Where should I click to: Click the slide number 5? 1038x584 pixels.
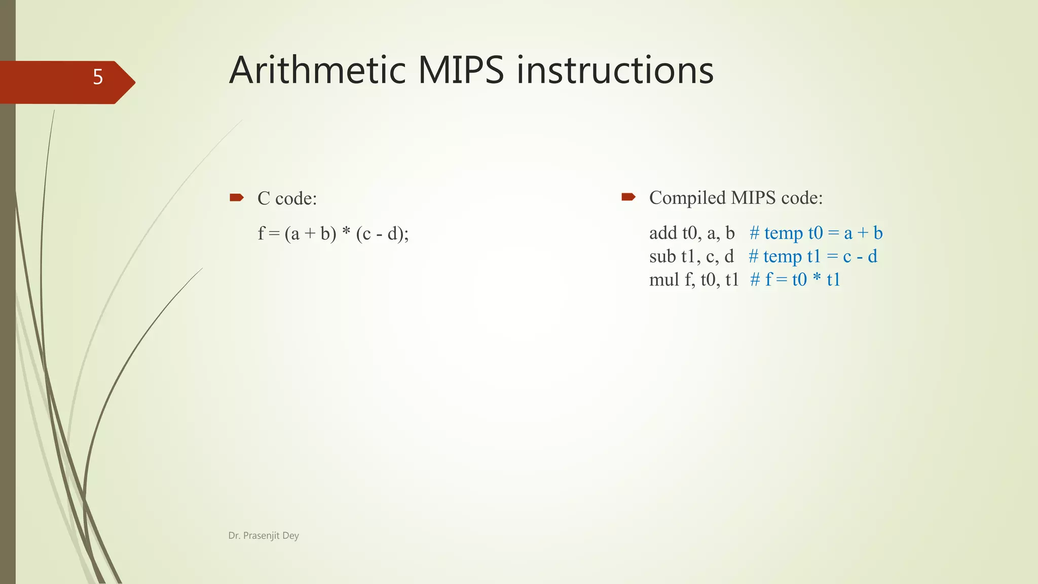[x=98, y=77]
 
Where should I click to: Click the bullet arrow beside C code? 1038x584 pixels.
[x=237, y=197]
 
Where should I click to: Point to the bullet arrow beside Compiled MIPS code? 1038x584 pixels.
[x=628, y=197]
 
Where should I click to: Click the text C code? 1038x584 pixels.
[x=287, y=198]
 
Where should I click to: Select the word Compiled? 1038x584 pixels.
[x=687, y=198]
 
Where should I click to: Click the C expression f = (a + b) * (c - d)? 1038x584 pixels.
[x=333, y=233]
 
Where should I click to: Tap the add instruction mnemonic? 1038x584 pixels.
[x=663, y=233]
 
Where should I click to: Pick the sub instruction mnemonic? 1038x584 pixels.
[x=662, y=256]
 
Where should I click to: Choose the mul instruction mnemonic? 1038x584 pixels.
[x=664, y=279]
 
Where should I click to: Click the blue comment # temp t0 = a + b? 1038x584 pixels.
[x=816, y=233]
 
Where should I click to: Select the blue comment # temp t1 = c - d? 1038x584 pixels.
[x=813, y=256]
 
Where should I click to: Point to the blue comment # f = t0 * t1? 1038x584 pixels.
[x=795, y=279]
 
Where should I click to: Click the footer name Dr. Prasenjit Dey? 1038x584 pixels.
[x=264, y=535]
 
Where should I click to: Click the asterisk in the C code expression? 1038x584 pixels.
[x=346, y=232]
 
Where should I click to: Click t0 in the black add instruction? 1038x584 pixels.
[x=690, y=233]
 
